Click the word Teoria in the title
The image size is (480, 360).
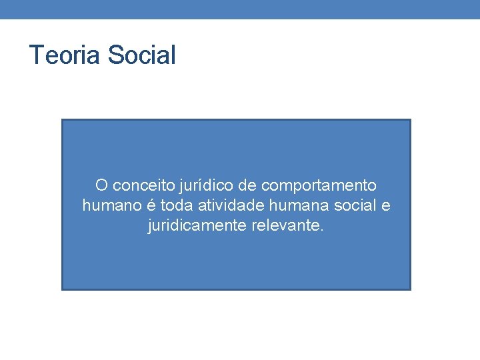pos(65,55)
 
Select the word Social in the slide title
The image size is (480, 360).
pos(141,55)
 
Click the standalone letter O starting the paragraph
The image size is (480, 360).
pos(101,185)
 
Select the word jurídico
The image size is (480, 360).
pos(194,185)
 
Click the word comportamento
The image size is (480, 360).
pos(319,185)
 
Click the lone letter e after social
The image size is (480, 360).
pos(386,206)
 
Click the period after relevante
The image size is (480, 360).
pos(323,231)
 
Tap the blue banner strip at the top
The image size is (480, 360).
pos(240,9)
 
